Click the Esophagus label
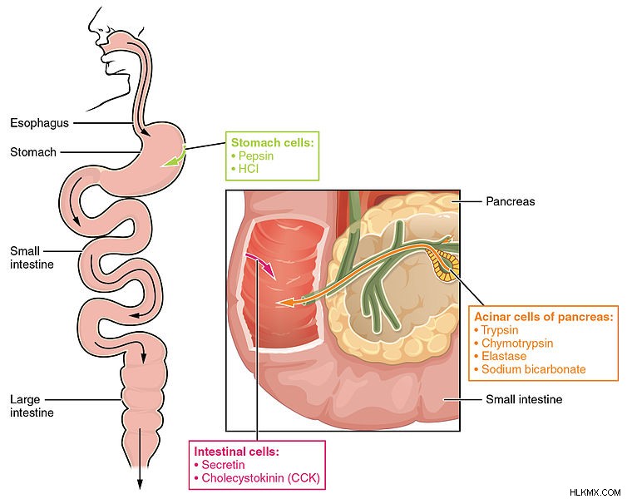coord(39,123)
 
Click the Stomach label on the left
coord(33,152)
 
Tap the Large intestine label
coord(32,406)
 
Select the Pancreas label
coord(511,201)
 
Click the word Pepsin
coord(256,156)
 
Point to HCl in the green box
coord(249,169)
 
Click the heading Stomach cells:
coord(273,143)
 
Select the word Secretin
coord(223,465)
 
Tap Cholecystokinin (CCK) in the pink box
coord(261,478)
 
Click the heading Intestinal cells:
coord(236,452)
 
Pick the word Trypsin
coord(500,330)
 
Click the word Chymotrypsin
coord(517,343)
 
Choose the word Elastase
coord(504,356)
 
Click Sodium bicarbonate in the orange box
coord(533,369)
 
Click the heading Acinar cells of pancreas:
coord(543,317)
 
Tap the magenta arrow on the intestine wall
coord(261,264)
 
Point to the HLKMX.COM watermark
coord(595,492)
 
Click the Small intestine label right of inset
coord(524,399)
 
